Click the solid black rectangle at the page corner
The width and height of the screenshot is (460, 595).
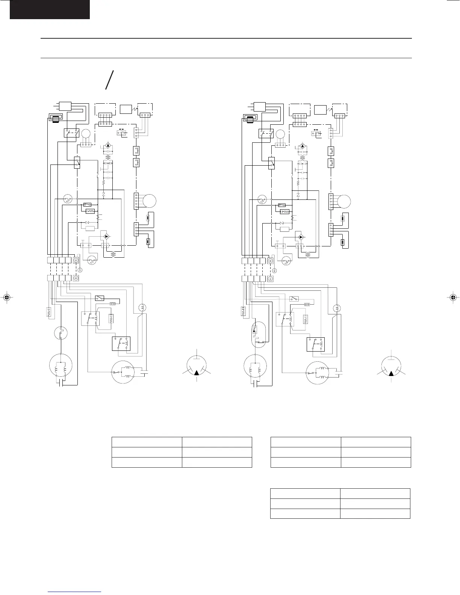click(50, 9)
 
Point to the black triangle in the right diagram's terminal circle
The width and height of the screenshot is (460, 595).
click(392, 373)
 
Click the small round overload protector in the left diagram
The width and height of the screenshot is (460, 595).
click(61, 333)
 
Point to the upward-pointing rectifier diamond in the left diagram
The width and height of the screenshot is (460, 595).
click(108, 145)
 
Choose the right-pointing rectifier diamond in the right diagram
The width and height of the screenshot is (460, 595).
click(301, 237)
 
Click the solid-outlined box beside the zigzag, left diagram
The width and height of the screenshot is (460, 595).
click(90, 228)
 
